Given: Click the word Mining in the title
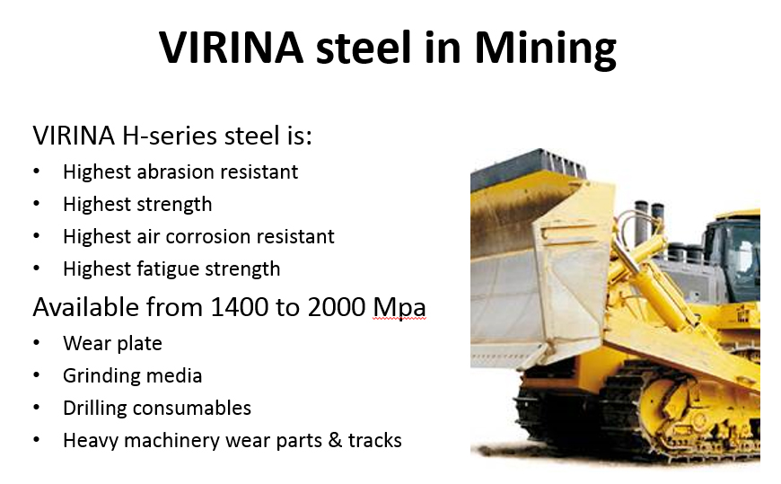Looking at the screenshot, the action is click(x=546, y=48).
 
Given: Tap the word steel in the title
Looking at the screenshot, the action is click(x=364, y=48).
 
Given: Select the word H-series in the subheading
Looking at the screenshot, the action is click(x=170, y=136).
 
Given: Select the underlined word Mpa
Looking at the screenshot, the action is click(x=399, y=307).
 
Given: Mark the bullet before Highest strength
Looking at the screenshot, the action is click(x=37, y=205).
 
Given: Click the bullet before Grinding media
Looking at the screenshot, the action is click(x=37, y=376).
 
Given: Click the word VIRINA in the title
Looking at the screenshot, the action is click(x=231, y=48).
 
